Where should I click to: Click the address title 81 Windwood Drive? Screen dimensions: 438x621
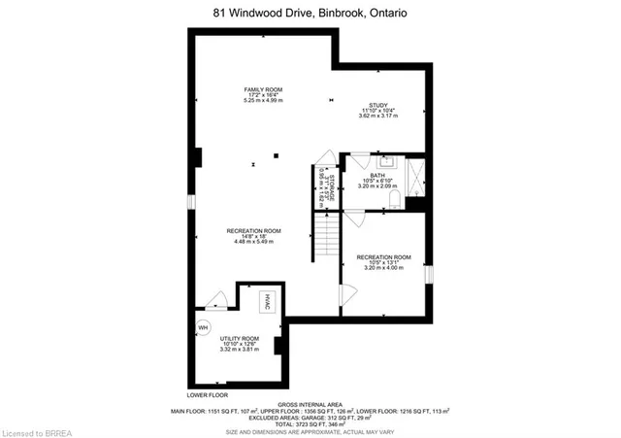pos(310,13)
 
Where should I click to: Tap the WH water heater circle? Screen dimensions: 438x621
pos(204,327)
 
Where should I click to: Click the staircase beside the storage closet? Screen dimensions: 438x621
pos(327,238)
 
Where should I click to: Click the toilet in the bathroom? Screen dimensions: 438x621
pos(395,200)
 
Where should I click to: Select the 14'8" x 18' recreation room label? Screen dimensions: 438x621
pos(254,235)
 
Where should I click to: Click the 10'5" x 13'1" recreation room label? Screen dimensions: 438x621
pos(383,261)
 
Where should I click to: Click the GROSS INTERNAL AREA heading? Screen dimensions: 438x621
pos(310,403)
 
